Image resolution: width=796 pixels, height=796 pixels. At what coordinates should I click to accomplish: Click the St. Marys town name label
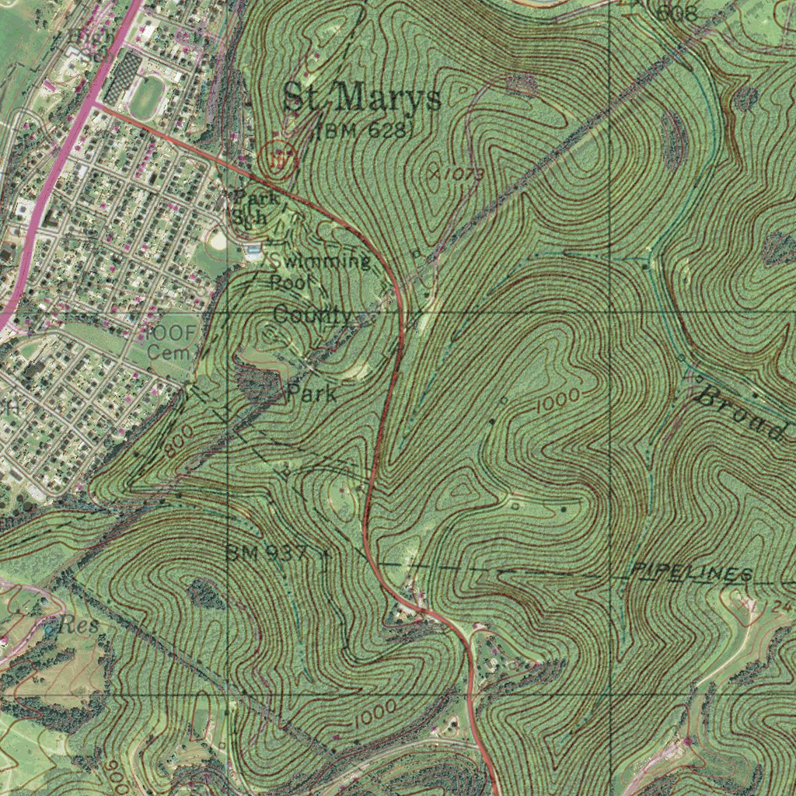(x=362, y=99)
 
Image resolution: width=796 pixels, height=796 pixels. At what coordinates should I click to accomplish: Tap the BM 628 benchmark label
(x=363, y=131)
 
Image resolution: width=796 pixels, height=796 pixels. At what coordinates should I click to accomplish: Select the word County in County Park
(x=312, y=316)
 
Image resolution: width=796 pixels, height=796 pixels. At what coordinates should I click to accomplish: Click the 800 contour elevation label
(x=178, y=441)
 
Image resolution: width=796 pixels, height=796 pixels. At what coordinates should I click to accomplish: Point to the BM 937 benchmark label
(x=267, y=553)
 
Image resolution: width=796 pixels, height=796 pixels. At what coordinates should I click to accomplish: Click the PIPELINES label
(x=690, y=574)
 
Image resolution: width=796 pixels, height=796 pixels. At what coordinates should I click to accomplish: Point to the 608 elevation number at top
(x=677, y=12)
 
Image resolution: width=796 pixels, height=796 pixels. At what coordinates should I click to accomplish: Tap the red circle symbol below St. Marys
(x=278, y=156)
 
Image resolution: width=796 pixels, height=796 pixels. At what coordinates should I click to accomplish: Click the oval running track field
(x=146, y=97)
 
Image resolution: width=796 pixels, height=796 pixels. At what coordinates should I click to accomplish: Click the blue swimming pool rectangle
(x=253, y=250)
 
